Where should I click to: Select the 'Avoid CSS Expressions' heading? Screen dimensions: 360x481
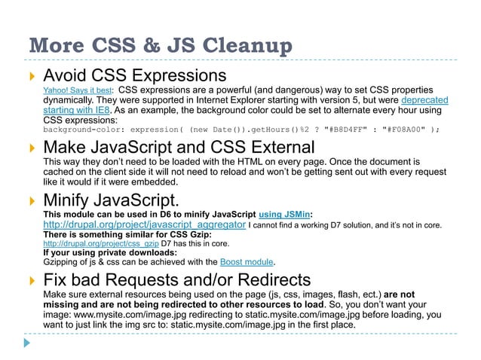click(x=135, y=77)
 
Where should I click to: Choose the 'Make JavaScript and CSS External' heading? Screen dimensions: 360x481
click(x=179, y=148)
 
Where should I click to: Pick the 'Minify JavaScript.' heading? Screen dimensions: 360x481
click(x=111, y=202)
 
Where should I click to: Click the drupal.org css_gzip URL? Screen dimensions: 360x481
click(x=101, y=245)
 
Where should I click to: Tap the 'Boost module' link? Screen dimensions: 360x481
click(x=246, y=262)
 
